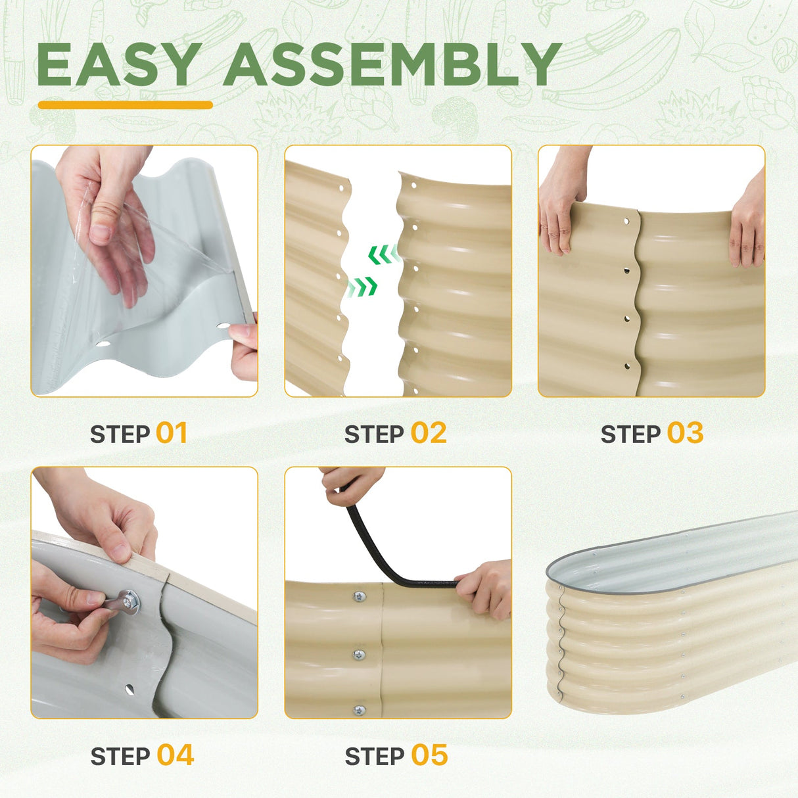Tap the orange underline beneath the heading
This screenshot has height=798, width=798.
click(125, 105)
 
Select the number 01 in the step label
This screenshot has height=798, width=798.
click(172, 433)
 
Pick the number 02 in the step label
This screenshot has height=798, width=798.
click(428, 433)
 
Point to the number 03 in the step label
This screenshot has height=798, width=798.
click(685, 433)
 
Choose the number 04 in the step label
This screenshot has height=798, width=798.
click(175, 755)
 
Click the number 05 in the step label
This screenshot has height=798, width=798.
click(429, 755)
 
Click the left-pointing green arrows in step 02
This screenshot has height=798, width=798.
click(383, 254)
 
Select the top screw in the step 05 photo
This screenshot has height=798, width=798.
click(358, 597)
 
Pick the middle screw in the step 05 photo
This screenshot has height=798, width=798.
click(359, 654)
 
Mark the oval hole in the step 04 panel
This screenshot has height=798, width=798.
click(130, 690)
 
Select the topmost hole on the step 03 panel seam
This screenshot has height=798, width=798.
click(627, 222)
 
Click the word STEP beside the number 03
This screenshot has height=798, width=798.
click(630, 434)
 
